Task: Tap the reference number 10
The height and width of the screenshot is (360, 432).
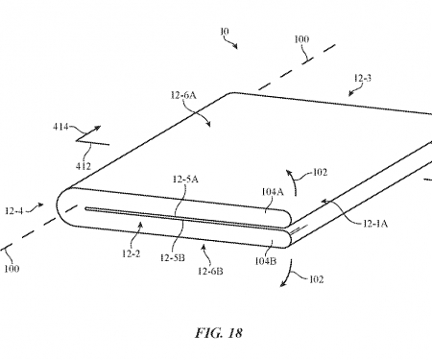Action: (x=226, y=32)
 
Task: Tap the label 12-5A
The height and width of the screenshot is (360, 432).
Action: (x=186, y=179)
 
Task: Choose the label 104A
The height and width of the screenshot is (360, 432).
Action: (x=274, y=191)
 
